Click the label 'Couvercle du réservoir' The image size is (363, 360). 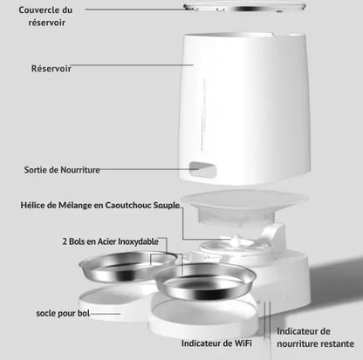[x=45, y=16]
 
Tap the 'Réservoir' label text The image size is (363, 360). [x=51, y=69]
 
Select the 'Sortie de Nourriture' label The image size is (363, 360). [x=62, y=170]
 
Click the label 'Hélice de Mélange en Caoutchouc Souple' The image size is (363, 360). [x=100, y=205]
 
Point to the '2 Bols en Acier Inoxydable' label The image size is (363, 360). [x=111, y=241]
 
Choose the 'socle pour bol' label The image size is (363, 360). [x=63, y=314]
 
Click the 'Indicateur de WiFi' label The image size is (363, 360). [x=216, y=343]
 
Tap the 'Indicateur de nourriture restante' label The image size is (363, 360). [x=315, y=337]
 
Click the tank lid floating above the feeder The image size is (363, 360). [x=244, y=7]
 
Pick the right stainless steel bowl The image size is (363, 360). [x=205, y=282]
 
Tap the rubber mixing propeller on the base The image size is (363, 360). [x=236, y=241]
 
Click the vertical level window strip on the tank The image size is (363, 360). [x=202, y=115]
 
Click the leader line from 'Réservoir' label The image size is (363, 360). [x=133, y=65]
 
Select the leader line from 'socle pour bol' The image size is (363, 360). [x=105, y=314]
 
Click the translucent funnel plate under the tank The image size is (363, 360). [x=243, y=207]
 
